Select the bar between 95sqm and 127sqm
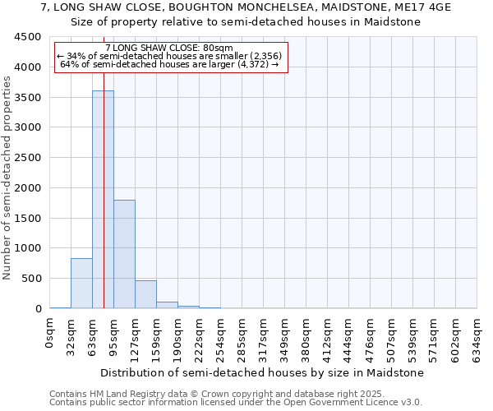[x=124, y=254]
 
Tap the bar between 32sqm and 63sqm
[x=81, y=284]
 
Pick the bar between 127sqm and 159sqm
[x=145, y=294]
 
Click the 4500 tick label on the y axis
[x=28, y=37]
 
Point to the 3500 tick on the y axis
[x=28, y=97]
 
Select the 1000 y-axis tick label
[x=28, y=248]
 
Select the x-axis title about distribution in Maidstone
[x=263, y=372]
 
